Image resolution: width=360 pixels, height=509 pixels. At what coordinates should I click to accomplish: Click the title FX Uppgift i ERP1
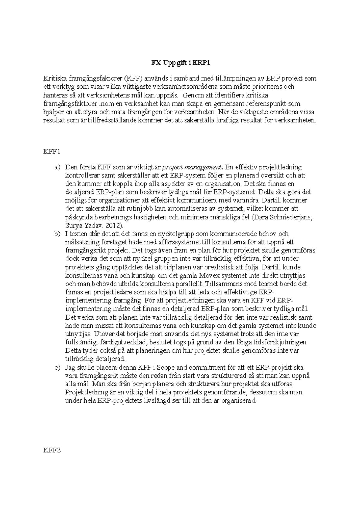(x=179, y=63)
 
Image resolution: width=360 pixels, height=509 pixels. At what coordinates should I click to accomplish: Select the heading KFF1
(x=52, y=152)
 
